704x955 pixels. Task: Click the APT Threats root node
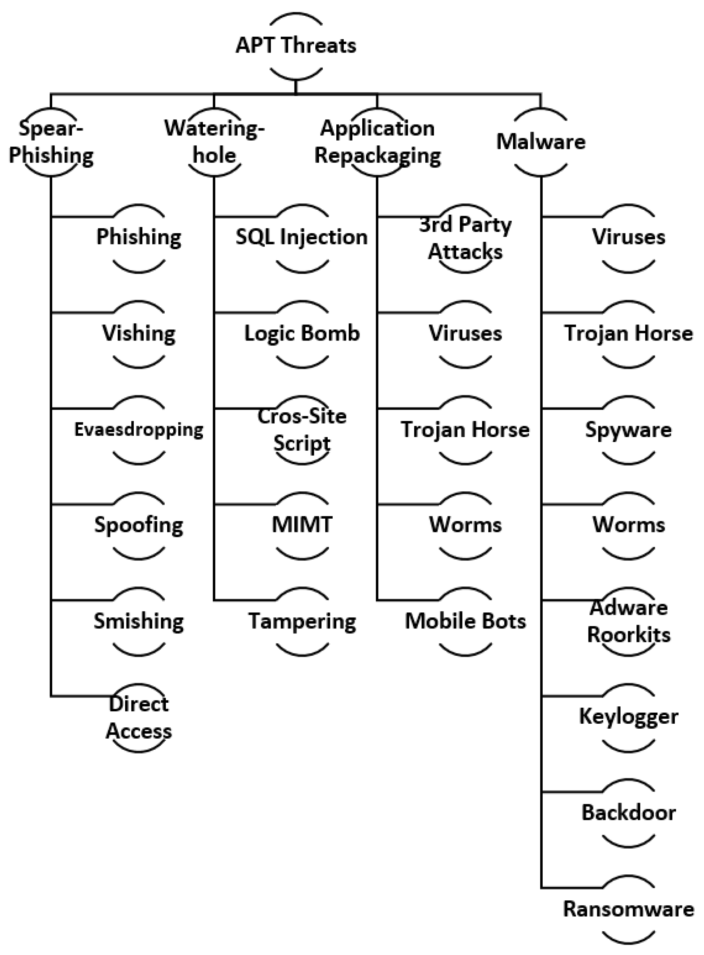click(x=296, y=46)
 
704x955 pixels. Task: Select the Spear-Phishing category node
click(x=51, y=142)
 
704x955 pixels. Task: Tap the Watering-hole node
click(x=214, y=142)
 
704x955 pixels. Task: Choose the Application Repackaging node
click(x=378, y=142)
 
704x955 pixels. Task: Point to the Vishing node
click(x=139, y=334)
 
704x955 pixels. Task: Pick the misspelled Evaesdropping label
click(x=139, y=430)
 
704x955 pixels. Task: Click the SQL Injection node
click(x=302, y=237)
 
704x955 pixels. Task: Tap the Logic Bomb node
click(x=302, y=334)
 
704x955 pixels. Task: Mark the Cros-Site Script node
click(x=302, y=430)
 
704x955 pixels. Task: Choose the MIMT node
click(x=302, y=525)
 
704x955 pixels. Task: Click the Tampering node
click(x=302, y=621)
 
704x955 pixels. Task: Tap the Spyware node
click(x=628, y=430)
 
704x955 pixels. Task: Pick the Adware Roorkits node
click(x=628, y=621)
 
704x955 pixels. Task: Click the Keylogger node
click(x=628, y=717)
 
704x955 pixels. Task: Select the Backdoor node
click(x=628, y=813)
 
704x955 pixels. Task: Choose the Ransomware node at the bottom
click(x=628, y=909)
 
